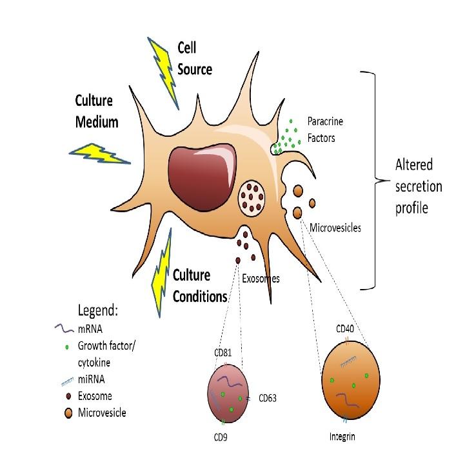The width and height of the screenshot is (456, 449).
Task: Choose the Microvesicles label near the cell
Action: [334, 227]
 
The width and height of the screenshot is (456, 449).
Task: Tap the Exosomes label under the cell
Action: [261, 279]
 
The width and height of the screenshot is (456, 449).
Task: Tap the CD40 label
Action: [345, 329]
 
